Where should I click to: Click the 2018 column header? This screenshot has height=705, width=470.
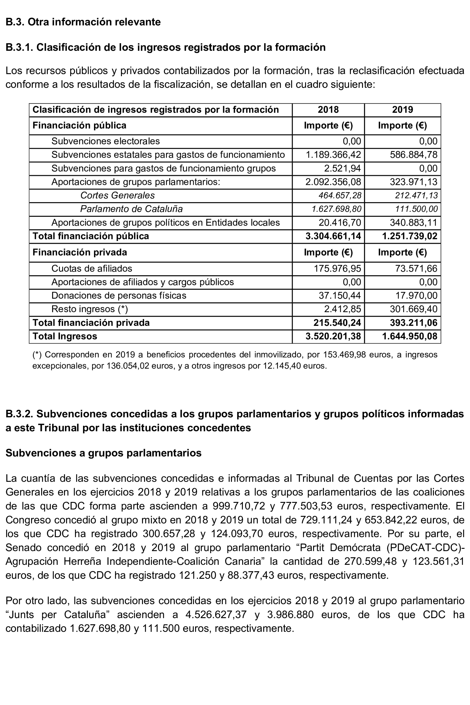point(328,110)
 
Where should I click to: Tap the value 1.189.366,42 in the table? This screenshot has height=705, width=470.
point(333,155)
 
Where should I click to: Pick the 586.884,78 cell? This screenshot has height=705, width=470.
point(413,155)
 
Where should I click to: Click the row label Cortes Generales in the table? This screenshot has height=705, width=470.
point(117,195)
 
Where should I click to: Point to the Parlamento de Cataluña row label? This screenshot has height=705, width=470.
point(131,209)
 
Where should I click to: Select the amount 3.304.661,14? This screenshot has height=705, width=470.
point(333,236)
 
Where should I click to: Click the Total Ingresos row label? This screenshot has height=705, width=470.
point(65,336)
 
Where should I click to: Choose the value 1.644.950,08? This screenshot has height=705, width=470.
point(410,336)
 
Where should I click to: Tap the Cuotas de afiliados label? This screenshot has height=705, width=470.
point(92,268)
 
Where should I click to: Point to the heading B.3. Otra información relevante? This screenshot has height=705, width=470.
point(83,22)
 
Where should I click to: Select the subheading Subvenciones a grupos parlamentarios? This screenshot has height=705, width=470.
point(103,453)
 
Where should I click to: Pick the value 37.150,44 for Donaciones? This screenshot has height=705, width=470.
point(340,295)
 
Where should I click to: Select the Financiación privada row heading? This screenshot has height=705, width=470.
point(80,252)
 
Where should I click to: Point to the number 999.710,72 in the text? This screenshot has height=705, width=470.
point(239,506)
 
